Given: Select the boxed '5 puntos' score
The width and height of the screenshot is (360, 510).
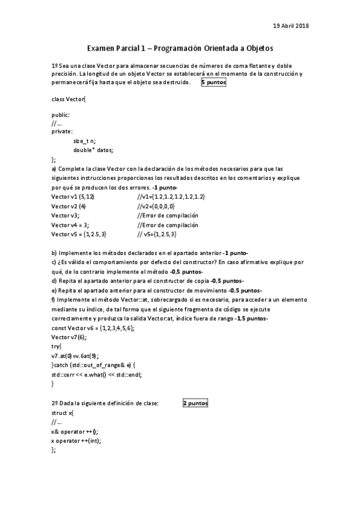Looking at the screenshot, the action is point(213,82).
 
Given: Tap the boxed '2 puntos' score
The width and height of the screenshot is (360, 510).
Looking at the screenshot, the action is point(195,403).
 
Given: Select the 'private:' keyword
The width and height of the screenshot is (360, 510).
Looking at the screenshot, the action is point(62,131).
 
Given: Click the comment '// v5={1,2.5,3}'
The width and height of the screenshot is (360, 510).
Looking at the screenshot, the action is point(157,233).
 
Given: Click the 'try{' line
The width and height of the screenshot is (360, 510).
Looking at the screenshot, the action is point(56,347).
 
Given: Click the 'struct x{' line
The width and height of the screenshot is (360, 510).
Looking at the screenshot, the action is point(63,413).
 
